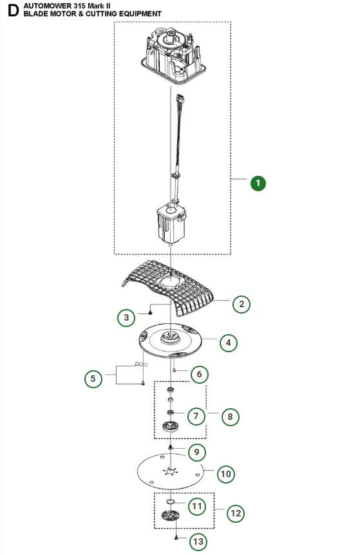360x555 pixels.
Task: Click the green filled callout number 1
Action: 258,183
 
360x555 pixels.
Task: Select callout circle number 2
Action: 242,304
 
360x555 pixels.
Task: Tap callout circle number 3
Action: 126,317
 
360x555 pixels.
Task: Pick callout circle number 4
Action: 229,343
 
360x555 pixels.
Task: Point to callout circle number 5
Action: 93,379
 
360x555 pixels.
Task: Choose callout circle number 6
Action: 199,374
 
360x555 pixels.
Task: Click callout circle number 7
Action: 196,416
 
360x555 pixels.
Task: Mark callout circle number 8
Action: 230,417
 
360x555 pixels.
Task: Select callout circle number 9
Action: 197,452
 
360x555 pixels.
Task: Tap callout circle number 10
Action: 226,474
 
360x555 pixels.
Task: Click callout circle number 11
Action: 197,506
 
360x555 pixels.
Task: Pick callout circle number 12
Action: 236,513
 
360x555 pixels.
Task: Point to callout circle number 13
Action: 198,541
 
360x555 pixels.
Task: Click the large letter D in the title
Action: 13,10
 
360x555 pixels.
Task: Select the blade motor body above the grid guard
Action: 171,223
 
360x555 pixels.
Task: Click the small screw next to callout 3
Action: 150,312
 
